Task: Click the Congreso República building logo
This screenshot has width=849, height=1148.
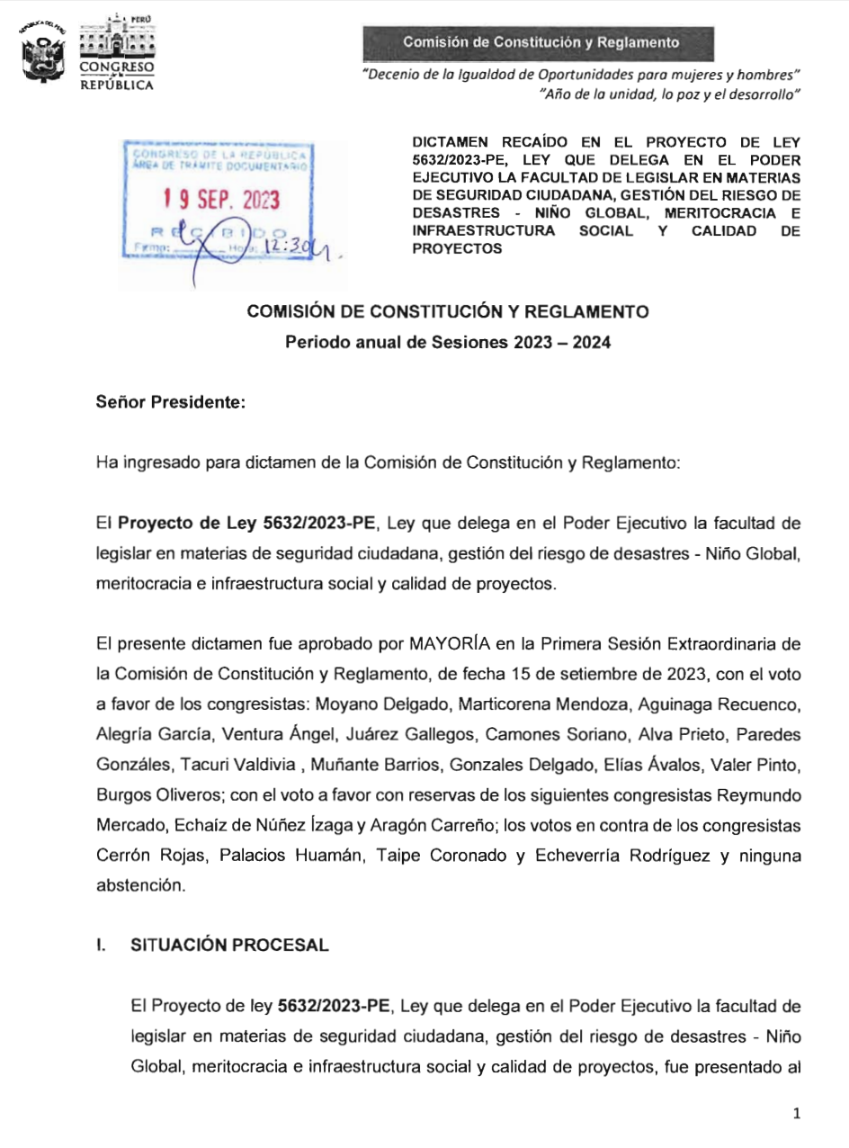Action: [115, 52]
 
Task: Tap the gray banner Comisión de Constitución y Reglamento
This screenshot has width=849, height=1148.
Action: [540, 42]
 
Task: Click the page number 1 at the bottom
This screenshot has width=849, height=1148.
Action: [797, 1114]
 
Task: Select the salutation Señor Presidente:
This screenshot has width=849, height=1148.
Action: [170, 402]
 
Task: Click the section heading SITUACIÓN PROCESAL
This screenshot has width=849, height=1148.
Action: [229, 945]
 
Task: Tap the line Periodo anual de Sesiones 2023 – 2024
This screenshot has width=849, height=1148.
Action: [448, 343]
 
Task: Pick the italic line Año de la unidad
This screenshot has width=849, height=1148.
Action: [668, 94]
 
